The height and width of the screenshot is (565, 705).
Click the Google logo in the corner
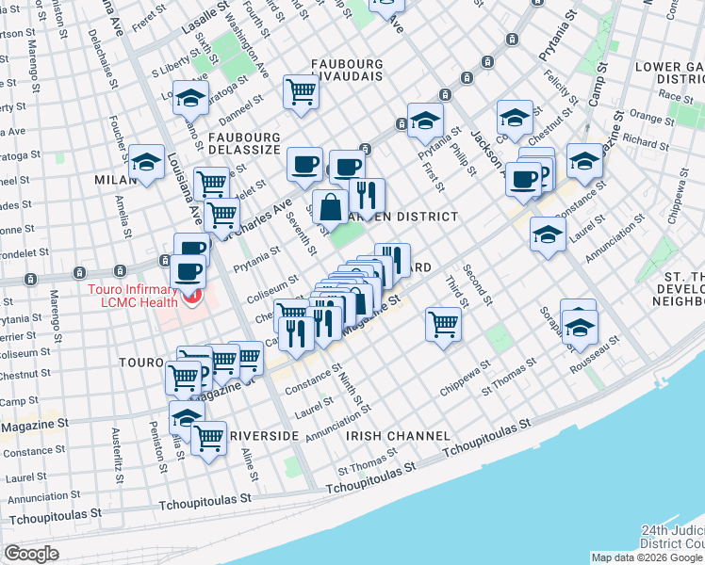(31, 554)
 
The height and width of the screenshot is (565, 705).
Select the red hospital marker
(193, 298)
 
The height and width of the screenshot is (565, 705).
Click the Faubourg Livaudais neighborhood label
(348, 73)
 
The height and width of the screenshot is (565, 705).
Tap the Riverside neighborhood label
(264, 436)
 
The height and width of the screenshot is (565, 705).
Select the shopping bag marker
(331, 208)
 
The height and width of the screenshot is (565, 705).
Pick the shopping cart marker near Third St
(443, 324)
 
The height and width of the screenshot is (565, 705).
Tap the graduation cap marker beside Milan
(147, 161)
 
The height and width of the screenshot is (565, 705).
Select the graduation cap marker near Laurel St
(547, 234)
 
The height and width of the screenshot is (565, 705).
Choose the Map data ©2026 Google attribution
(647, 557)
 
